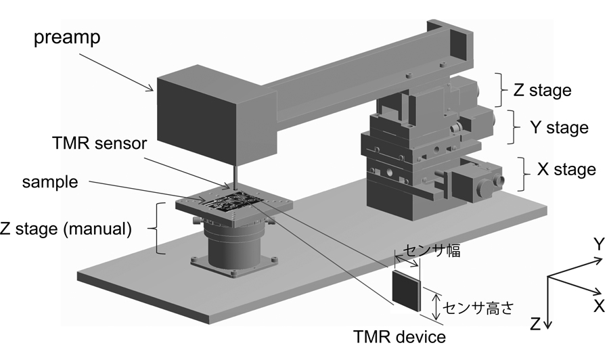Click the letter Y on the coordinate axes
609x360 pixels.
(x=599, y=244)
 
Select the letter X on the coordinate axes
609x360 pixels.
(x=598, y=306)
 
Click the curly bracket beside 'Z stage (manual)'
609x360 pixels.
(x=160, y=228)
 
